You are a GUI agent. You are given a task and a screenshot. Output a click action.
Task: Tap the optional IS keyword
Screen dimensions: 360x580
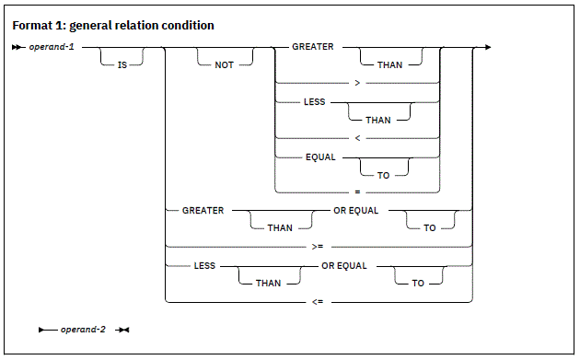(x=119, y=65)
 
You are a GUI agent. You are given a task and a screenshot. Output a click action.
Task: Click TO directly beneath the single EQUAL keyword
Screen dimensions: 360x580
(x=377, y=174)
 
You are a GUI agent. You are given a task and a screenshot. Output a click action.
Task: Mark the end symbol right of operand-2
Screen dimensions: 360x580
(x=123, y=329)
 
